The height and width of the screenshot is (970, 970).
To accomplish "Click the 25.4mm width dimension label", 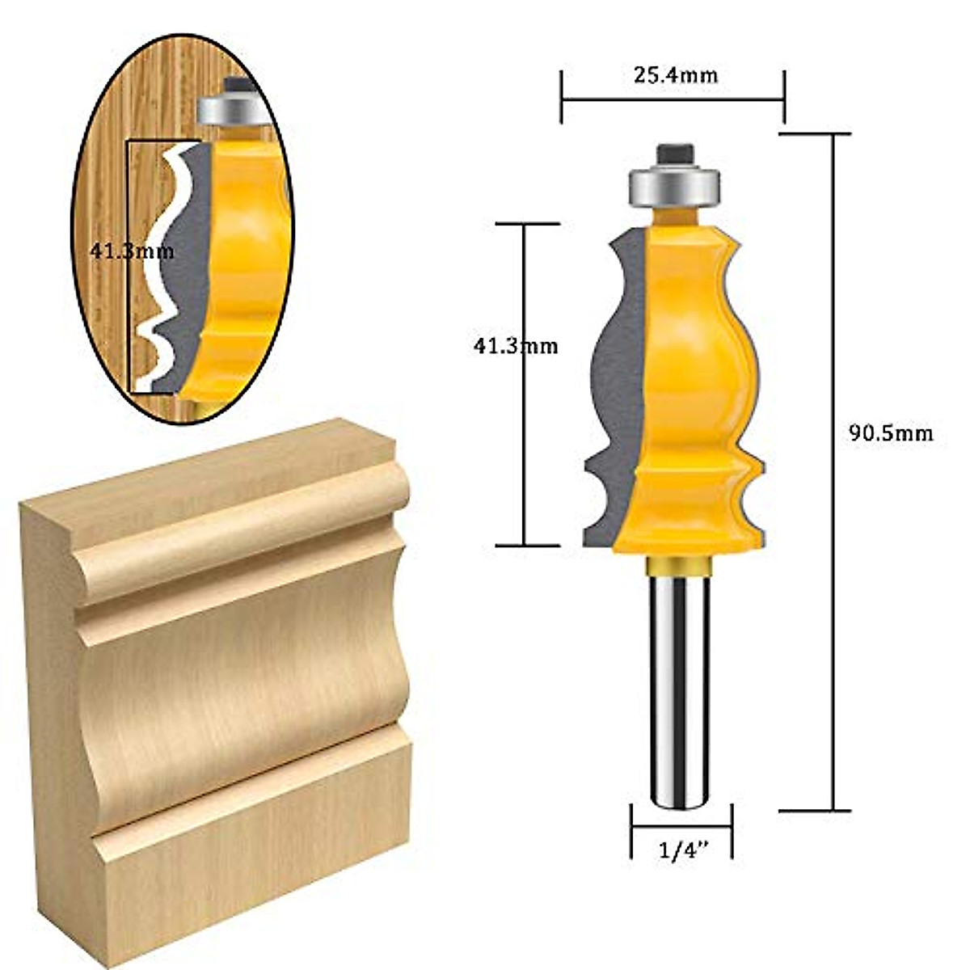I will click(675, 75).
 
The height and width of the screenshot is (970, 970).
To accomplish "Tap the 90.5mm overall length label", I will click(890, 433).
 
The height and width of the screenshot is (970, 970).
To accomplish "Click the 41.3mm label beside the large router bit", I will click(515, 346).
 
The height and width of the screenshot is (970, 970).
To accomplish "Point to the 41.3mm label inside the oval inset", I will click(131, 251).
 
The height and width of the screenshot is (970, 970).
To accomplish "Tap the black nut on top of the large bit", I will click(673, 154).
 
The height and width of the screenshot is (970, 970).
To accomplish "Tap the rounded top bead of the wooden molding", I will click(242, 529).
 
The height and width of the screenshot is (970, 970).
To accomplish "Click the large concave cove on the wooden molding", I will click(242, 687).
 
